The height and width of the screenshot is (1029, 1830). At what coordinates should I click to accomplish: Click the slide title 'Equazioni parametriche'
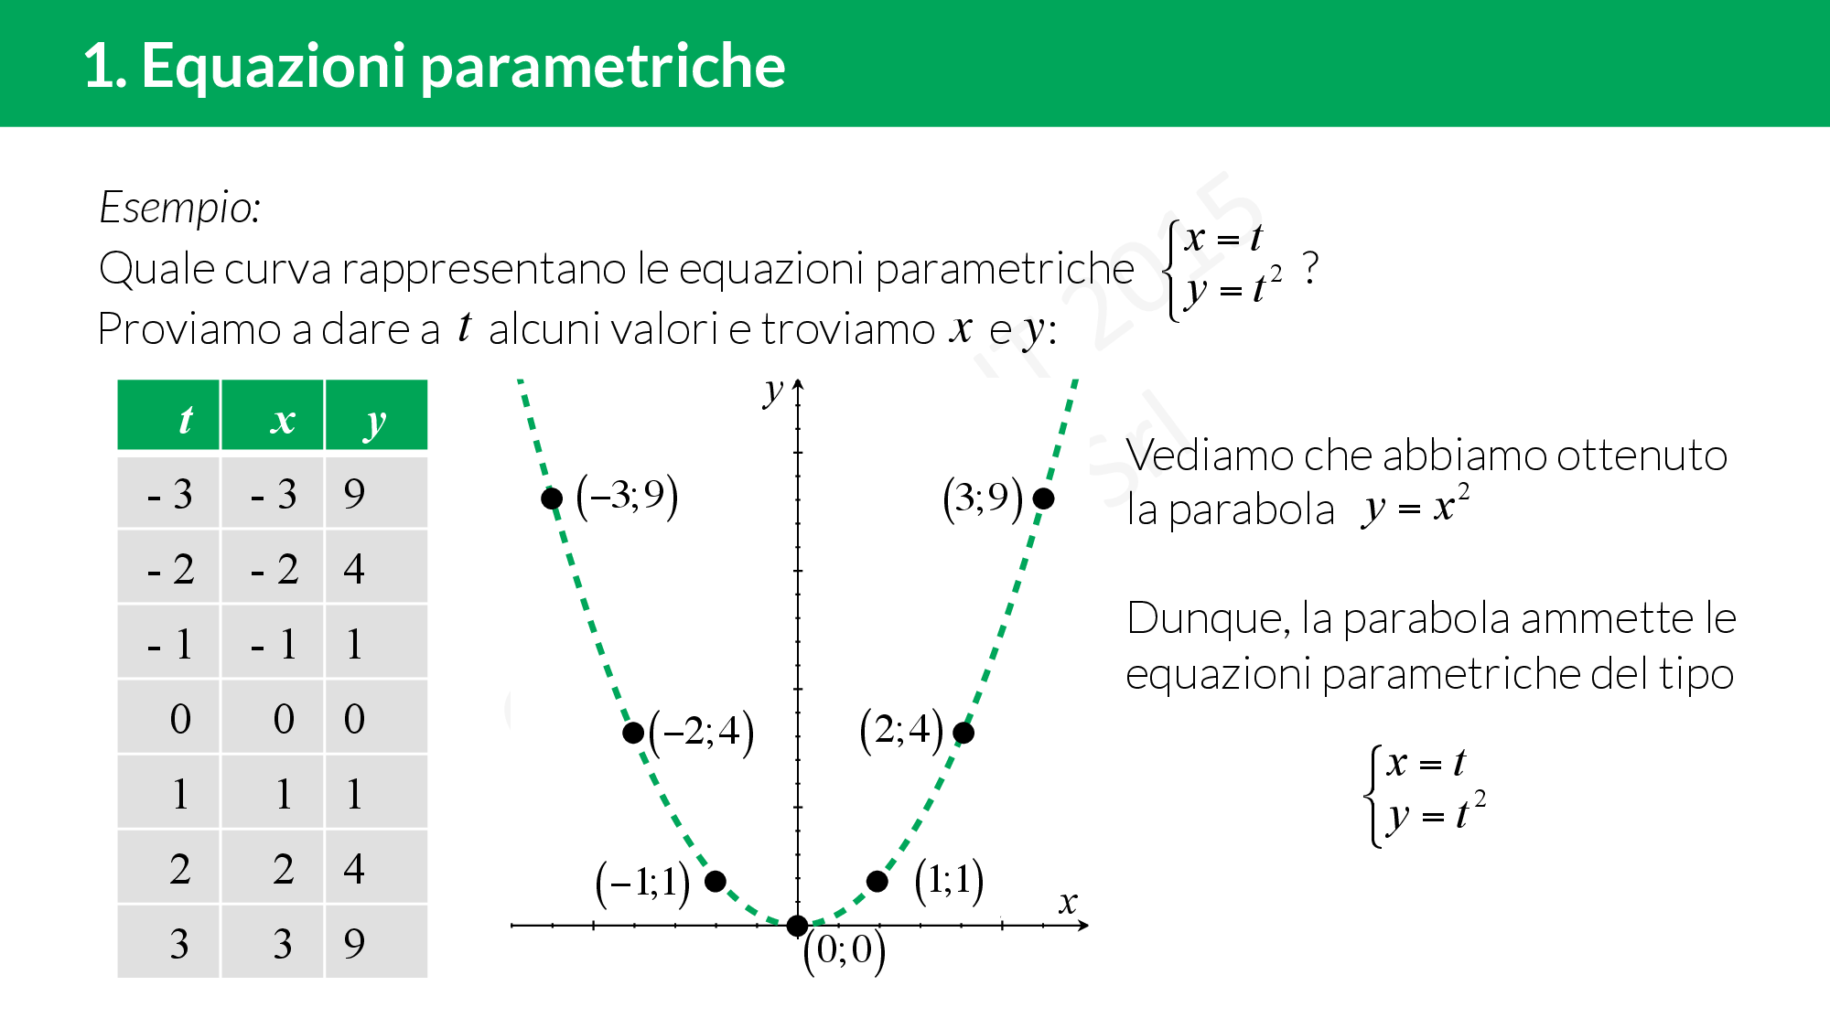(463, 66)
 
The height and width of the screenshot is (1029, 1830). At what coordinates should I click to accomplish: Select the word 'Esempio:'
(180, 208)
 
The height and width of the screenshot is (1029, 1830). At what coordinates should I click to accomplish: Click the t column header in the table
(168, 415)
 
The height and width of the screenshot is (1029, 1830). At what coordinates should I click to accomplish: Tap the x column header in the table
(273, 415)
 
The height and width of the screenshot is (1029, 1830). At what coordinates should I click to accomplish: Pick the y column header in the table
(376, 415)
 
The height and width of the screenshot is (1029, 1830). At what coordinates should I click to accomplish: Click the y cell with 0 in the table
(376, 718)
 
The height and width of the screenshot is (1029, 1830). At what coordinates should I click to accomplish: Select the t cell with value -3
(168, 493)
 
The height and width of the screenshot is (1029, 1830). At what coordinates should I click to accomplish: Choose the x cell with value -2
(273, 568)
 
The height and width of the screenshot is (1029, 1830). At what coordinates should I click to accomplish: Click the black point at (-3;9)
(552, 498)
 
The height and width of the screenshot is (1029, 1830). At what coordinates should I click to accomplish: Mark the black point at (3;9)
(1043, 498)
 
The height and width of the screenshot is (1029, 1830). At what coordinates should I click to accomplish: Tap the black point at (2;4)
(963, 733)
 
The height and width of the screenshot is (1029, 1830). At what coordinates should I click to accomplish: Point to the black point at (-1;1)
(716, 881)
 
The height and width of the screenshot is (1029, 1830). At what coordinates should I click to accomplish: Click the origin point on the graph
(797, 926)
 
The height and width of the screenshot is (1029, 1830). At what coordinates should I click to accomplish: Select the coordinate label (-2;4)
(702, 733)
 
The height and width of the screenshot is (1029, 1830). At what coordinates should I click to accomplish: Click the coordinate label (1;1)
(950, 881)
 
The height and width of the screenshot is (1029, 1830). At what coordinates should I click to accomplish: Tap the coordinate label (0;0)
(845, 951)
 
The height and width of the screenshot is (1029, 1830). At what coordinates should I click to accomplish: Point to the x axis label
(1068, 903)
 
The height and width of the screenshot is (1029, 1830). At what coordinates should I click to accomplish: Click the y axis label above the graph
(774, 391)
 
